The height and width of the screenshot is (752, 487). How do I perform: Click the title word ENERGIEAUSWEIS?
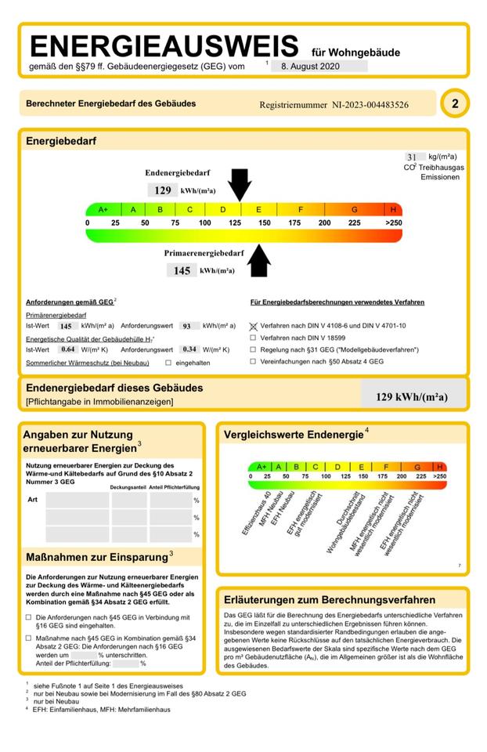coord(163,45)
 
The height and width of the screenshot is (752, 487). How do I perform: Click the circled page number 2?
coord(455,103)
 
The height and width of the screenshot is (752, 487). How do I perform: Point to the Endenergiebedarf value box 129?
coord(163,190)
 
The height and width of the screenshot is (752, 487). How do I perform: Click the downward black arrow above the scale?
coord(240,185)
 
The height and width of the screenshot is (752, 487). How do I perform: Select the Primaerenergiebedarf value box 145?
coord(182,270)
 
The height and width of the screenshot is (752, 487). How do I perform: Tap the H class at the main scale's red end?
coord(393,210)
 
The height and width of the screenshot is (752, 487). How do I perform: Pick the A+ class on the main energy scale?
coord(103,210)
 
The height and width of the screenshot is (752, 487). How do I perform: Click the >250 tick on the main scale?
coord(393,223)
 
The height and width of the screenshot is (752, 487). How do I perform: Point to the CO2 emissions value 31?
coord(411,157)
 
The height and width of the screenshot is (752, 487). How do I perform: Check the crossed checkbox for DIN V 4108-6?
coord(253,325)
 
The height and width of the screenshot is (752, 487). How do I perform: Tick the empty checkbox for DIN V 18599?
coord(253,337)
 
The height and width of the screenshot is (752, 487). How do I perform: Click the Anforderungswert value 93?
coord(186,325)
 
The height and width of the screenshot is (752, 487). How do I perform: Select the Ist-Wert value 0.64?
coord(68,349)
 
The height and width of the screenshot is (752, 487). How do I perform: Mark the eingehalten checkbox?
coord(168,363)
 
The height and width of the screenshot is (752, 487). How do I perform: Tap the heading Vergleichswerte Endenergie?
coord(293,434)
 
